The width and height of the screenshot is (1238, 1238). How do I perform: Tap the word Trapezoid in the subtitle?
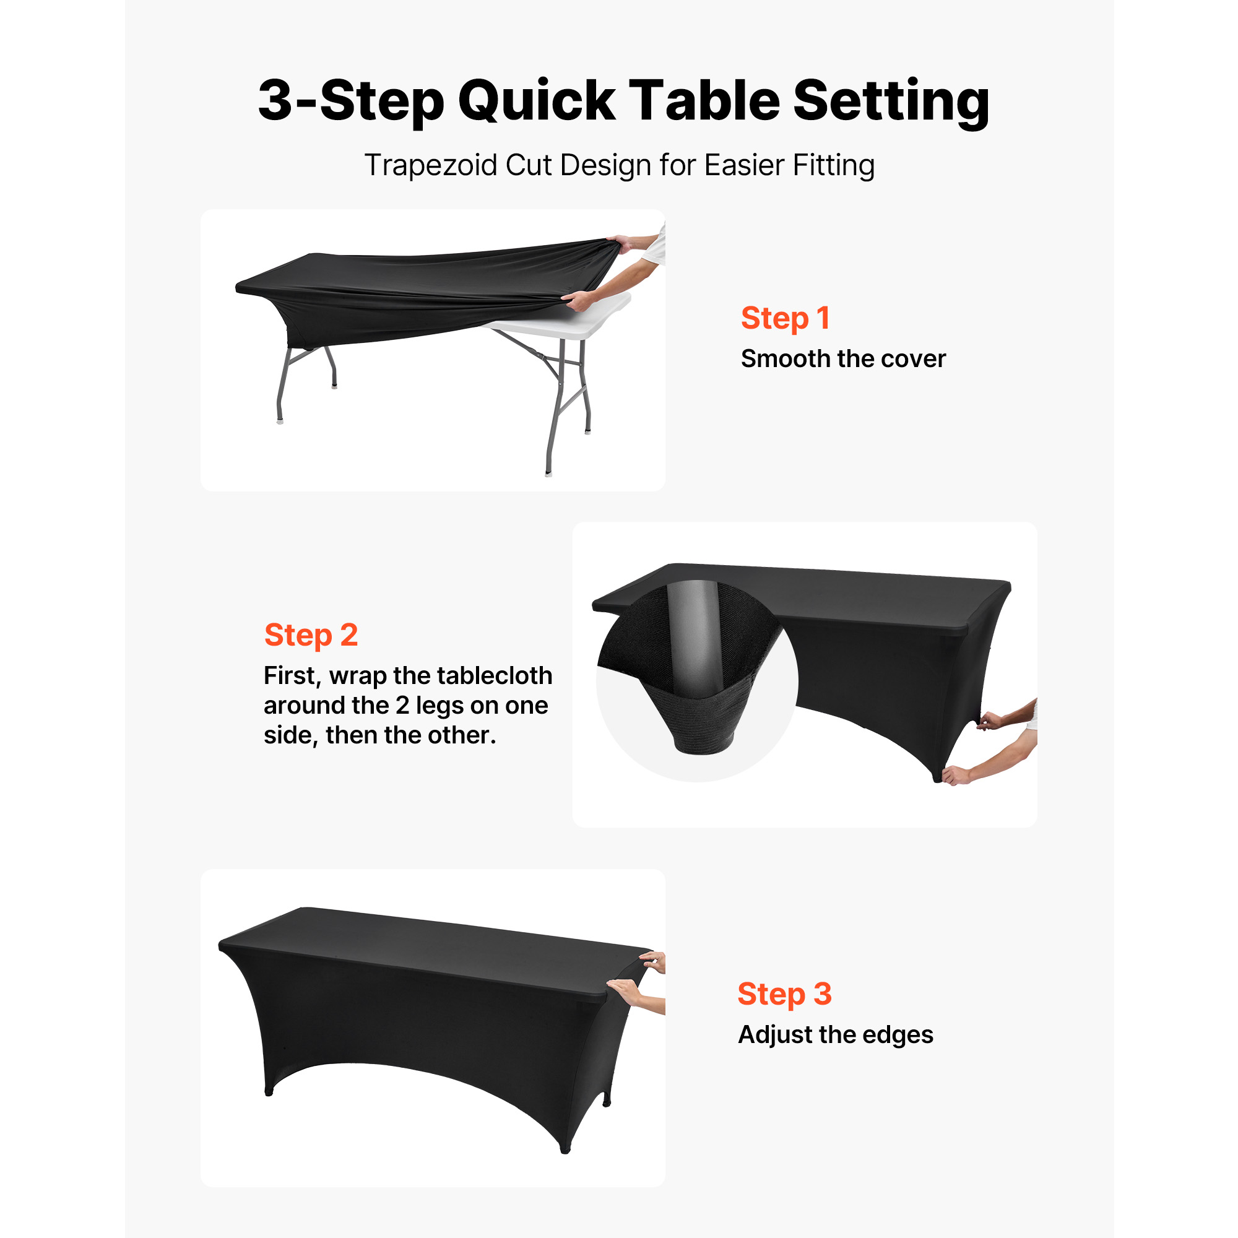[x=431, y=165]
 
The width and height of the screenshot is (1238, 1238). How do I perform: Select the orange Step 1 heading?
[x=785, y=318]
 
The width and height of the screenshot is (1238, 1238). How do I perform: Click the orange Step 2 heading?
[x=311, y=635]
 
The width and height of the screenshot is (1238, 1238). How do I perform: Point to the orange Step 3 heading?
[x=784, y=994]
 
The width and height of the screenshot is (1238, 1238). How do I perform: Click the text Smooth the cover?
[x=843, y=359]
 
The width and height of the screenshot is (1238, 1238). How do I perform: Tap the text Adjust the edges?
[x=836, y=1035]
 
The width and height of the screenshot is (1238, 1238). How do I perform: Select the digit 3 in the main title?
[x=275, y=101]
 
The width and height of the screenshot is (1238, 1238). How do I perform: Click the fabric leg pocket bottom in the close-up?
[x=704, y=743]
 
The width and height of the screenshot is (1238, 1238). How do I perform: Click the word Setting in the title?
[x=891, y=101]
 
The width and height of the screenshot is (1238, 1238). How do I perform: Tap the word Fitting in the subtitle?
[x=834, y=165]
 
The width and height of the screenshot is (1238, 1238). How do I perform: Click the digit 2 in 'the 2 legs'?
[x=402, y=706]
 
